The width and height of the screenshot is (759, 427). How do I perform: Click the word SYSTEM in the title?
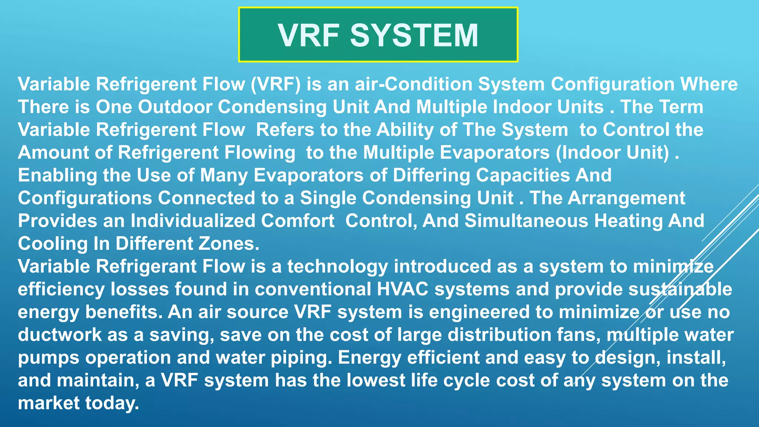(414, 35)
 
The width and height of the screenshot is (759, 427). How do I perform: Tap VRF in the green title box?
(308, 35)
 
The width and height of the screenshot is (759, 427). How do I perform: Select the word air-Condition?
(413, 84)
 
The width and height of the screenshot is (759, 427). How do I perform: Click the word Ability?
(405, 130)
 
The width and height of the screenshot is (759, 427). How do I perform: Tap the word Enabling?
(57, 175)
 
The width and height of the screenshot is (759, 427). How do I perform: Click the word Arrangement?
(626, 198)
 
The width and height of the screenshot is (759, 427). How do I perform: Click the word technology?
(337, 267)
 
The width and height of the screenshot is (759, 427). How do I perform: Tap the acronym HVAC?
(402, 289)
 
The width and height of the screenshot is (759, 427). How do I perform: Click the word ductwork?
(60, 335)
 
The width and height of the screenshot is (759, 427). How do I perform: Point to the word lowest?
(376, 381)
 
